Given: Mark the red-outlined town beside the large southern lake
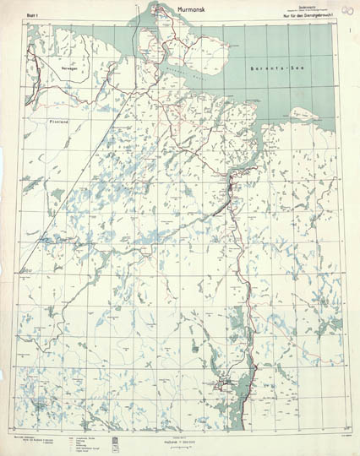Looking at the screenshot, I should [226, 387].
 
